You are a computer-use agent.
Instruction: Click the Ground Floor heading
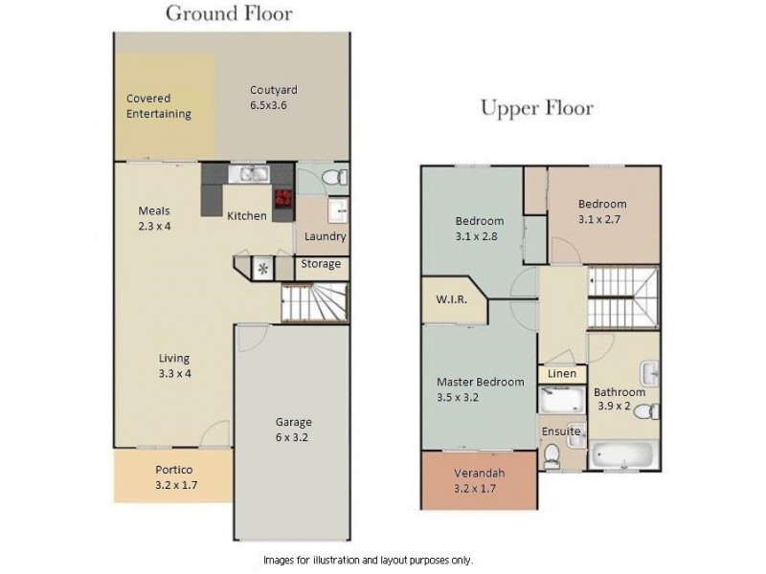point(229,13)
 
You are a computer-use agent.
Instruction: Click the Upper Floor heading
point(537,108)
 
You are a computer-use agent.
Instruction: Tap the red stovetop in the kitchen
point(283,199)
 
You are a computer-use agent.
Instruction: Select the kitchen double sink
point(249,174)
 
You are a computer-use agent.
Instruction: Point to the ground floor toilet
point(337,177)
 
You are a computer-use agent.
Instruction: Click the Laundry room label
point(325,236)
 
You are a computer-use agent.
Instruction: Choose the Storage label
point(321,264)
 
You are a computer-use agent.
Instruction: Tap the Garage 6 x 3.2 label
point(293,430)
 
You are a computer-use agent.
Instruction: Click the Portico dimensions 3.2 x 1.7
point(176,485)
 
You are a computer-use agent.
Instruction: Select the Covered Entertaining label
point(158,106)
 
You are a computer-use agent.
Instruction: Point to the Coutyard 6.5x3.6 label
point(274,98)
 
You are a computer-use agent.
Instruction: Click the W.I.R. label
point(451,299)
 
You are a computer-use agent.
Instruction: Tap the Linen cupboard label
point(562,373)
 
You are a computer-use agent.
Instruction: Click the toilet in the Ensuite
point(552,456)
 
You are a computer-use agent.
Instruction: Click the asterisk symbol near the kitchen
point(263,269)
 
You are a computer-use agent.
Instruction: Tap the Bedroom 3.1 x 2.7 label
point(602,211)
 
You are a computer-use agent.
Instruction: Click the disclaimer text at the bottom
point(369,560)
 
